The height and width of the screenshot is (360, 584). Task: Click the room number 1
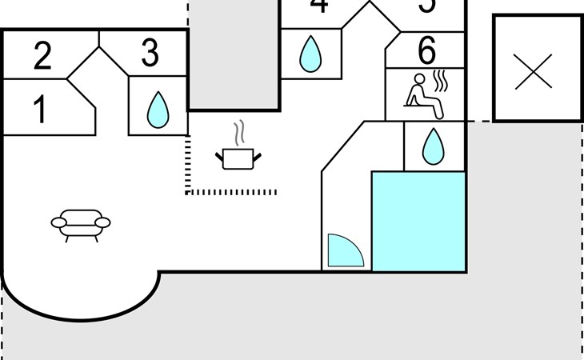click(38, 110)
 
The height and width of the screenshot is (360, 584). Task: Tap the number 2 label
click(42, 56)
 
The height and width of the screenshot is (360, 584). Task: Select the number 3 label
click(150, 54)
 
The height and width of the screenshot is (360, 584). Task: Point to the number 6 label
click(427, 52)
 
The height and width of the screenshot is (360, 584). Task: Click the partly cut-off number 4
click(318, 6)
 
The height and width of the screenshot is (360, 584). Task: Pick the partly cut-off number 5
click(427, 6)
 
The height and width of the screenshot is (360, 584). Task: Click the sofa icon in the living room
click(80, 224)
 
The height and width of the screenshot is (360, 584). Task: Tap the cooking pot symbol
click(238, 158)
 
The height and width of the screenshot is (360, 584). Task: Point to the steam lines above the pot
click(238, 132)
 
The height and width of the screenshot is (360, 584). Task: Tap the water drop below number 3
click(158, 110)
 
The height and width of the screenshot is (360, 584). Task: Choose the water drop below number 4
click(310, 54)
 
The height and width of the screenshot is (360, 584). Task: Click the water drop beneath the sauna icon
click(433, 146)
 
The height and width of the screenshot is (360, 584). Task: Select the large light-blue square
click(418, 221)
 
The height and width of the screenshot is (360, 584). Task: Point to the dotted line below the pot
click(232, 192)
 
